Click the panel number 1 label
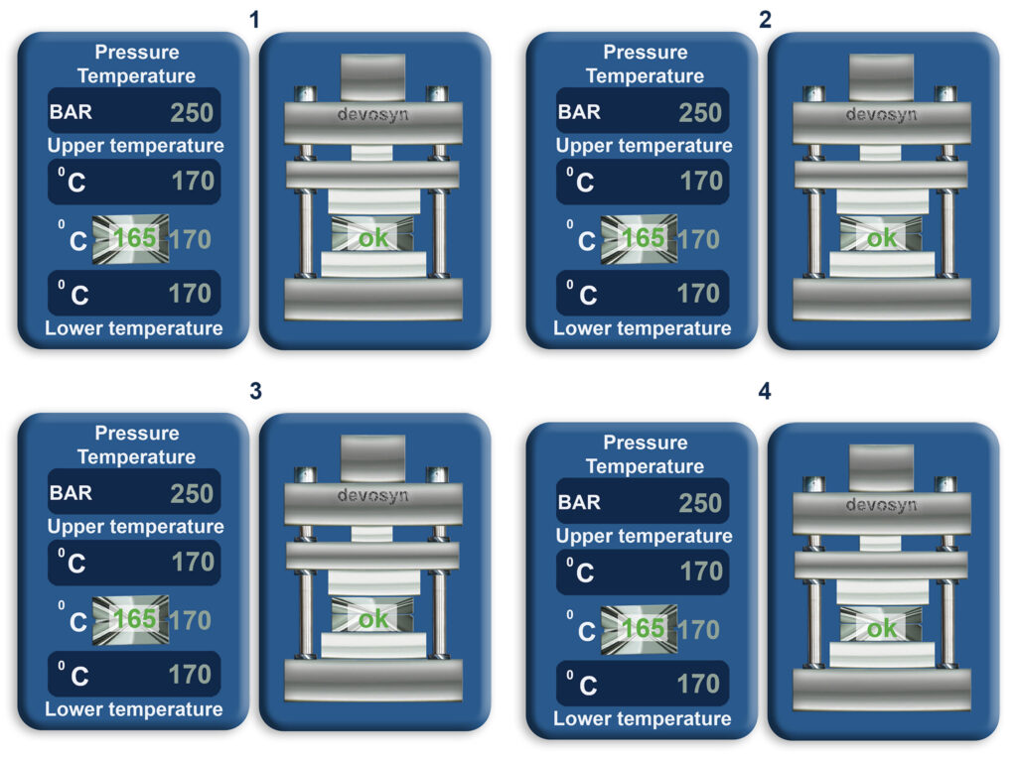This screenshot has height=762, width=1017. point(254,20)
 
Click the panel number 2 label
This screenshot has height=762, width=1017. point(766,20)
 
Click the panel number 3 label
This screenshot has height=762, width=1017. point(255,391)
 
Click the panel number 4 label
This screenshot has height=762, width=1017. point(766,391)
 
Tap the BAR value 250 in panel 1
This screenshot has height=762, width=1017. point(192,113)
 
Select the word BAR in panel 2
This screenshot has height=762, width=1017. point(579,112)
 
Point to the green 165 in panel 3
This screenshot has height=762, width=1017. point(135,619)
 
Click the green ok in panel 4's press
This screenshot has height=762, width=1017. point(882,628)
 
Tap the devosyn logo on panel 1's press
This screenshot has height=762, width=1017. point(373,115)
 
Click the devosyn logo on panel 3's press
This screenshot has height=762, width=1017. point(373,496)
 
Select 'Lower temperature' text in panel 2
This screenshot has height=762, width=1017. point(643,328)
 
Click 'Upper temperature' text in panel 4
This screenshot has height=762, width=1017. point(644,536)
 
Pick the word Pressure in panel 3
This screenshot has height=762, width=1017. point(137,433)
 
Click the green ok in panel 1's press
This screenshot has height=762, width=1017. point(373,238)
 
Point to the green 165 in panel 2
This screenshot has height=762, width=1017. point(644,238)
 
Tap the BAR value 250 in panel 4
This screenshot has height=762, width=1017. point(700,503)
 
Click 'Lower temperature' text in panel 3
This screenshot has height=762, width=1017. point(134,709)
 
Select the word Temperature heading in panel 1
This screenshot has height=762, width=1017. point(136,75)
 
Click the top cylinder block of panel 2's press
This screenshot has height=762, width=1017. point(882,77)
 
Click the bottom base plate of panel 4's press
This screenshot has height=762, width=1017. point(882,690)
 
